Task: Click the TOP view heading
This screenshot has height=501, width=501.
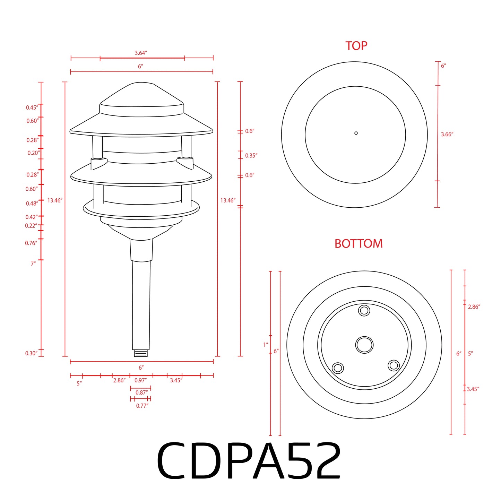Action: [x=356, y=46]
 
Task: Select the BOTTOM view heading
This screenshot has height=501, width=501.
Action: [x=359, y=244]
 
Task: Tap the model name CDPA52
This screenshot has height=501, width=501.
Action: [x=249, y=461]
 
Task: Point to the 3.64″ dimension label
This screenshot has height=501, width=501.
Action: [x=141, y=53]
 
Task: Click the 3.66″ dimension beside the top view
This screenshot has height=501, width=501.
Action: [x=447, y=134]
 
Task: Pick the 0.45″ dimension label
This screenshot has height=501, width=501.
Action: [x=32, y=107]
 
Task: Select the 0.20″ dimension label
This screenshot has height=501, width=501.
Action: [x=34, y=153]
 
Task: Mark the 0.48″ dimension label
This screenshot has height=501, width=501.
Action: [x=32, y=204]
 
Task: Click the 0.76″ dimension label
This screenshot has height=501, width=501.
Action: [x=31, y=243]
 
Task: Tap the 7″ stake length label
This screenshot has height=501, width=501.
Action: [x=33, y=264]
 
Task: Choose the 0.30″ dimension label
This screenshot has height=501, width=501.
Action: [x=31, y=353]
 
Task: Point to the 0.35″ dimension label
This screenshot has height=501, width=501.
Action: [x=251, y=156]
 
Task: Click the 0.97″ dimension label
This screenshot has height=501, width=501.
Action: [x=140, y=380]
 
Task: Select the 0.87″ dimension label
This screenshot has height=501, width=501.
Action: [x=141, y=392]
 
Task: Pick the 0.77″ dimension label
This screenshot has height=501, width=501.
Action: [x=142, y=406]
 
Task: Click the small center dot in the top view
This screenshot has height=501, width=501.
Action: [x=356, y=133]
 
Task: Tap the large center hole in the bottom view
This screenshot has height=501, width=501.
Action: [x=364, y=345]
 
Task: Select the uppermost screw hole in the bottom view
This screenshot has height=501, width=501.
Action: [x=364, y=310]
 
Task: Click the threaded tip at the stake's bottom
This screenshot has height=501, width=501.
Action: [x=141, y=353]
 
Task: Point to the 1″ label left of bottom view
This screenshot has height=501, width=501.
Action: [x=266, y=345]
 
